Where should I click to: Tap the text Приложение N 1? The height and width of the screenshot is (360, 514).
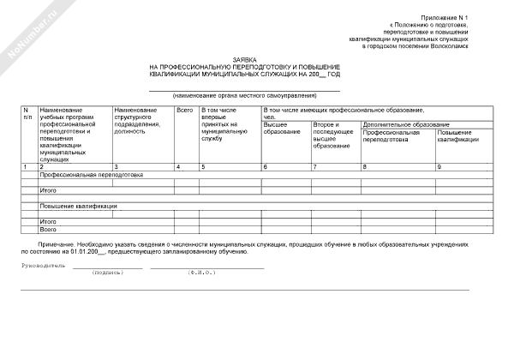coord(445,18)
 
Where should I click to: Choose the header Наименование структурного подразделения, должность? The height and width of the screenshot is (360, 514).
coord(138,123)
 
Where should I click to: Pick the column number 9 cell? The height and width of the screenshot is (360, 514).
coord(439,165)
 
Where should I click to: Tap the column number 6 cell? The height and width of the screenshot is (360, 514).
coord(265,165)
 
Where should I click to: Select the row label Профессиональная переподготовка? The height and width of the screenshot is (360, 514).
coord(91,174)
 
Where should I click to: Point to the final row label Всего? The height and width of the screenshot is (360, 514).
coord(48,230)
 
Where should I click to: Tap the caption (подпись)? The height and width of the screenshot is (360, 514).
coord(107,273)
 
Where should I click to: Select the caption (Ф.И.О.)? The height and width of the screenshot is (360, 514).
coord(202,273)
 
